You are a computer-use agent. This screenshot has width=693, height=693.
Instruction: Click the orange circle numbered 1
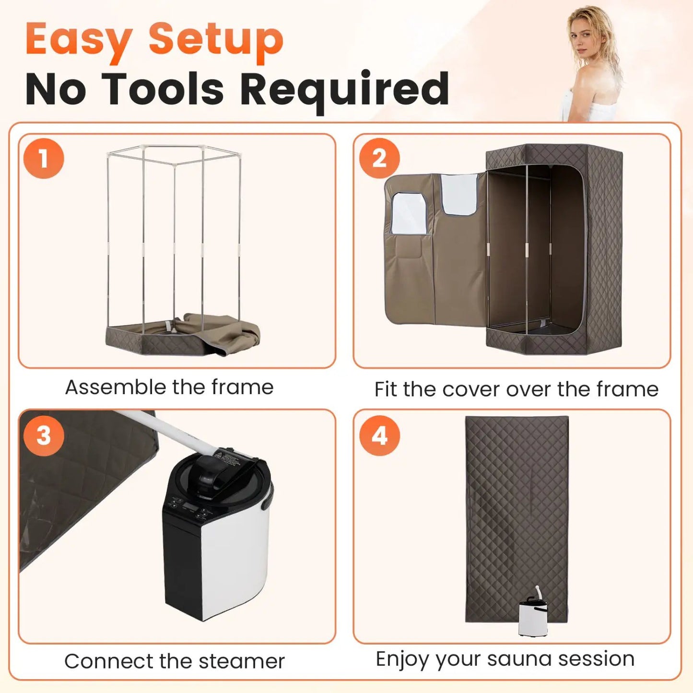(x=44, y=159)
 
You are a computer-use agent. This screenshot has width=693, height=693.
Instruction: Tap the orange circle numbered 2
(x=379, y=159)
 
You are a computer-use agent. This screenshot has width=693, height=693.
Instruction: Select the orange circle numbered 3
(x=44, y=436)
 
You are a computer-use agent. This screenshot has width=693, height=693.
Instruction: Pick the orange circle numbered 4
(x=379, y=436)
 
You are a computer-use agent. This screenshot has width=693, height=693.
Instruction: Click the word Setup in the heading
(x=216, y=41)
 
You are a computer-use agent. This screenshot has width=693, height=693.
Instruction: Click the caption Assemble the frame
(x=169, y=388)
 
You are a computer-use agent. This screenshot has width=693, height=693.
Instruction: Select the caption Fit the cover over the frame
(x=517, y=389)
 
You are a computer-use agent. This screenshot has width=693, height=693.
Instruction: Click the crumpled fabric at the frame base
(x=219, y=331)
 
